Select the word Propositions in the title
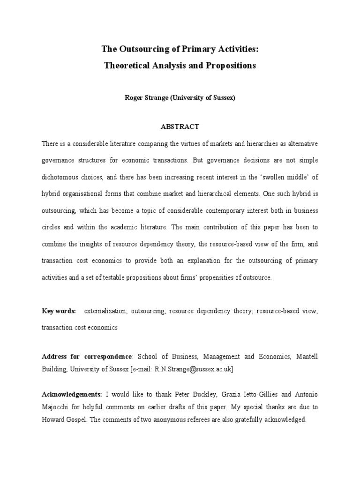coord(230,66)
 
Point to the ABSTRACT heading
coord(180,127)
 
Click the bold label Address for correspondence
coord(87,357)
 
